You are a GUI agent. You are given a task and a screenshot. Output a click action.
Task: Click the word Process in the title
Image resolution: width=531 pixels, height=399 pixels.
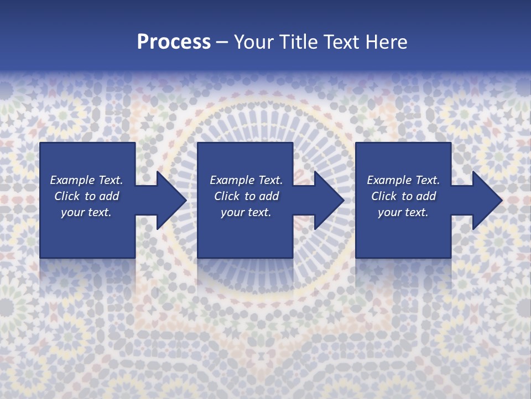[174, 42]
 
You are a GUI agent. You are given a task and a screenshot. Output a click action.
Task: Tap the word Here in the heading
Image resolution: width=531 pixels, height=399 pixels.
[387, 42]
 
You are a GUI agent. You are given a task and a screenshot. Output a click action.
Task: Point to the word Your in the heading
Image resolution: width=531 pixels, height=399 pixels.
[252, 42]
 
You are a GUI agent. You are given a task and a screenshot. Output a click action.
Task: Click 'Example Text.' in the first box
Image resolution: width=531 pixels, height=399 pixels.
[86, 180]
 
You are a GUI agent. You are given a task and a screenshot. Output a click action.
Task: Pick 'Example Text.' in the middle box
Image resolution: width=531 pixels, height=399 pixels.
[246, 180]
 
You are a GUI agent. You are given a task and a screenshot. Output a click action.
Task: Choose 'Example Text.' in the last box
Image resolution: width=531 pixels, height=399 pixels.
[403, 180]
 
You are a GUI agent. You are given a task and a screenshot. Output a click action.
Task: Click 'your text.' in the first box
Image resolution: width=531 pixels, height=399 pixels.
[86, 212]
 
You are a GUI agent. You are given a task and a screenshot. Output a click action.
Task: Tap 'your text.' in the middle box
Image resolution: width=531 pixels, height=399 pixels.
[246, 212]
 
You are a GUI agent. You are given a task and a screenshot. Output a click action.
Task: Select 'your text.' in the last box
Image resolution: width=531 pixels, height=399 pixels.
[403, 212]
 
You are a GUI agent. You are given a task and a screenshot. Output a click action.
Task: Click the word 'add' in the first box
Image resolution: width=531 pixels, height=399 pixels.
[109, 196]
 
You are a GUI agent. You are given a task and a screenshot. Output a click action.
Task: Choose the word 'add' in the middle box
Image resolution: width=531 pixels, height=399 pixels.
[269, 196]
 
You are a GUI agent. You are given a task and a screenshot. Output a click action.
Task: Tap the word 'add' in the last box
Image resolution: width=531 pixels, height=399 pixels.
[426, 196]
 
